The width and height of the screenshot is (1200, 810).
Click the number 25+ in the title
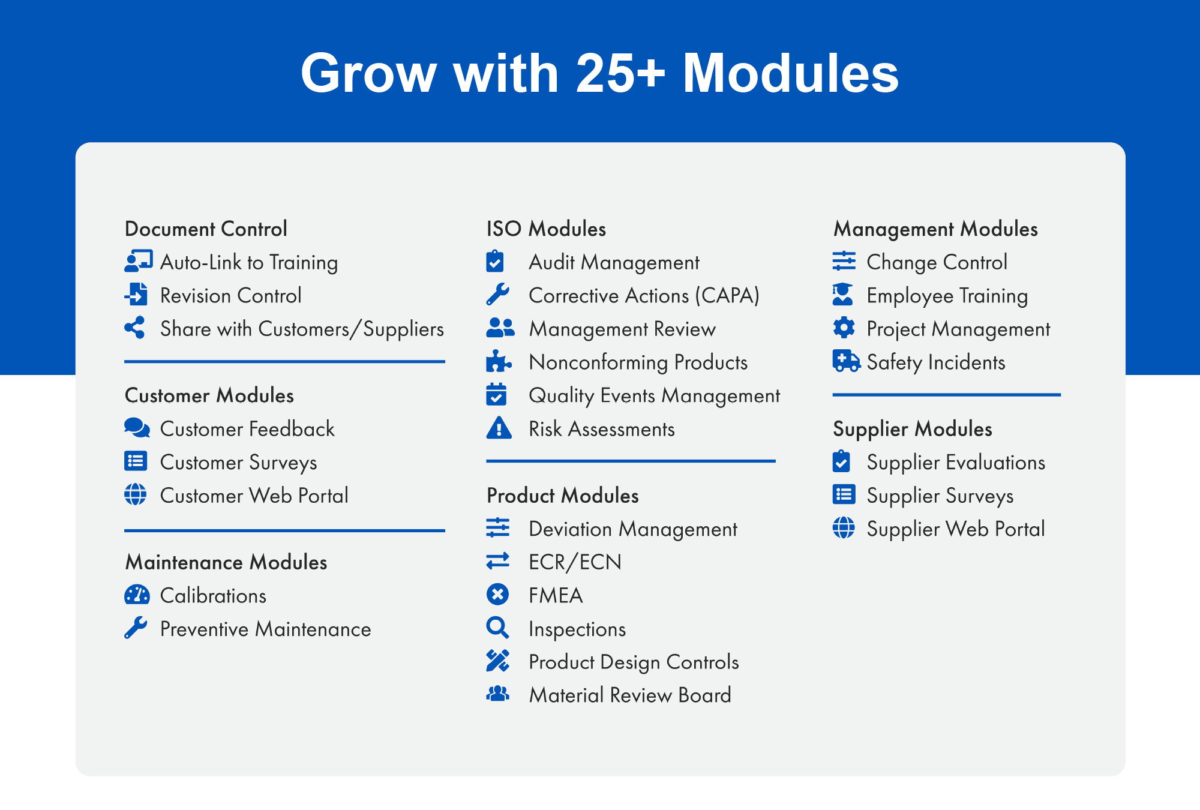(x=620, y=73)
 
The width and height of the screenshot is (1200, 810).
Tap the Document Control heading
(x=206, y=229)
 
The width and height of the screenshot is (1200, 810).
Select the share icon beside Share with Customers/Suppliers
(x=135, y=328)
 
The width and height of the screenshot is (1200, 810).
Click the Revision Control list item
(x=231, y=295)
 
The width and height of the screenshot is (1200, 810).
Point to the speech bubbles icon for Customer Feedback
(x=137, y=428)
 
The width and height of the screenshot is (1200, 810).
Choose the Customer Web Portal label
(x=254, y=496)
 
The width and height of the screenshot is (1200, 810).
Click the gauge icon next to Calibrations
(x=137, y=595)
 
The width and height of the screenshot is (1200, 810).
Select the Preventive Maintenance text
(x=265, y=629)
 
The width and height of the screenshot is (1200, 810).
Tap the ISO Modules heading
(x=546, y=229)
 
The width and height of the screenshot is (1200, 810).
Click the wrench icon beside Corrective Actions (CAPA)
(x=497, y=295)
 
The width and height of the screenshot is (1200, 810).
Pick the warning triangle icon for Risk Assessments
(x=499, y=428)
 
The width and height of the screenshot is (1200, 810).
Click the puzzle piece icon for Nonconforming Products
(x=498, y=361)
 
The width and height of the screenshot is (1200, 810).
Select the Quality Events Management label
(x=654, y=396)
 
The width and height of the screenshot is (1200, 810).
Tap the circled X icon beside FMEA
(x=497, y=595)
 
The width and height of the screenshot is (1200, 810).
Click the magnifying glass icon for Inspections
(x=497, y=628)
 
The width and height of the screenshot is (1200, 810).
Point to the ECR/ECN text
(x=575, y=562)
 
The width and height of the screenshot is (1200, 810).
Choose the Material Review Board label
(x=630, y=695)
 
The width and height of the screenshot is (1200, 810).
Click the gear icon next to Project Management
(x=844, y=328)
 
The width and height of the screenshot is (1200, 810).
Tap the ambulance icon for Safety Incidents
(x=846, y=361)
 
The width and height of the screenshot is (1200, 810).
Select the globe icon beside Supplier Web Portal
(x=844, y=528)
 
